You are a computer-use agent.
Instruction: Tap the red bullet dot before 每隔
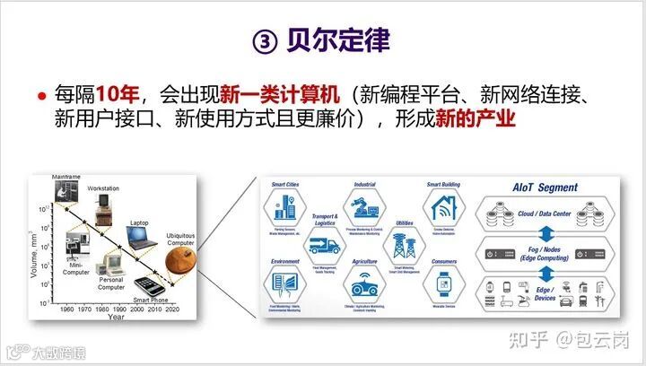(x=41, y=95)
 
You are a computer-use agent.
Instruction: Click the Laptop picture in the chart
(x=140, y=237)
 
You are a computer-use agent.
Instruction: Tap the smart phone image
(x=151, y=285)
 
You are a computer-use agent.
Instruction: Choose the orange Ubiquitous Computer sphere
(x=182, y=263)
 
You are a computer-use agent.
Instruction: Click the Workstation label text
(x=102, y=187)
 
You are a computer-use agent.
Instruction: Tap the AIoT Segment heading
(x=546, y=187)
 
